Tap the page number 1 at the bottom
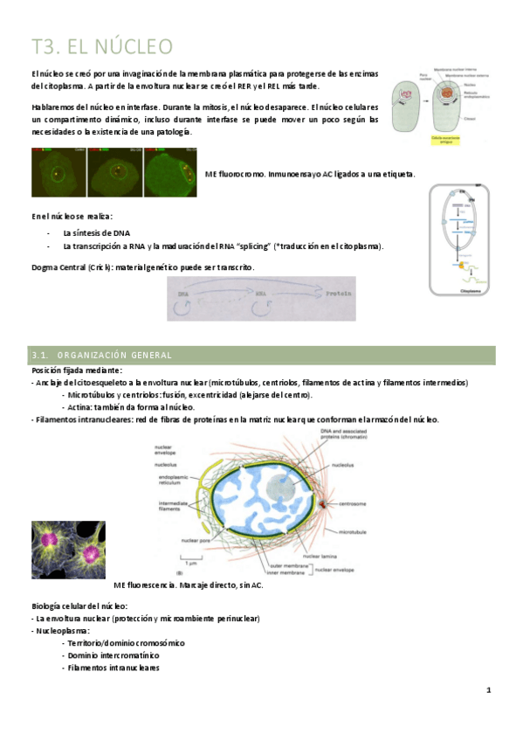point(489,690)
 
